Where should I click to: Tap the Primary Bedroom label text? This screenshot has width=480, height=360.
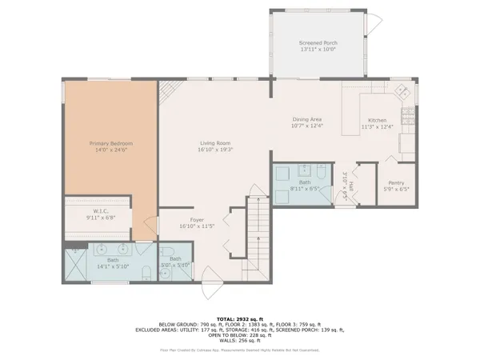(x=110, y=143)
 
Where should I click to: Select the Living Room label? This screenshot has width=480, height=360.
(x=215, y=143)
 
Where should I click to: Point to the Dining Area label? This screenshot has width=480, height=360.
(x=306, y=119)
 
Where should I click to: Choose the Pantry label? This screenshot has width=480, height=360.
(x=391, y=185)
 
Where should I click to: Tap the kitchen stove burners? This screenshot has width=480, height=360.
(x=408, y=124)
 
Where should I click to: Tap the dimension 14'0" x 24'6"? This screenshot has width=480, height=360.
(x=110, y=150)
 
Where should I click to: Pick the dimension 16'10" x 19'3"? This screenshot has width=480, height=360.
(x=215, y=150)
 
